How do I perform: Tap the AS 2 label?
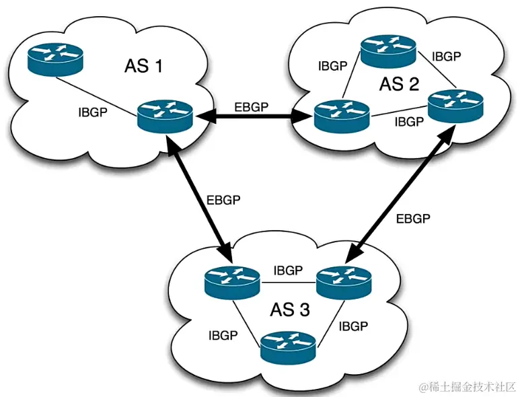[399, 84]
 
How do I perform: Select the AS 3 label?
[290, 310]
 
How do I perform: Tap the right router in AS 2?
[455, 106]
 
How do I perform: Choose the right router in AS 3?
[343, 281]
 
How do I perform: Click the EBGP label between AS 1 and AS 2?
[253, 106]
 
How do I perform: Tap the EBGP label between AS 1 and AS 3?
[222, 200]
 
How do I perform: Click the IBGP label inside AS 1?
[92, 112]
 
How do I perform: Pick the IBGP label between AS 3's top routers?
[288, 270]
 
